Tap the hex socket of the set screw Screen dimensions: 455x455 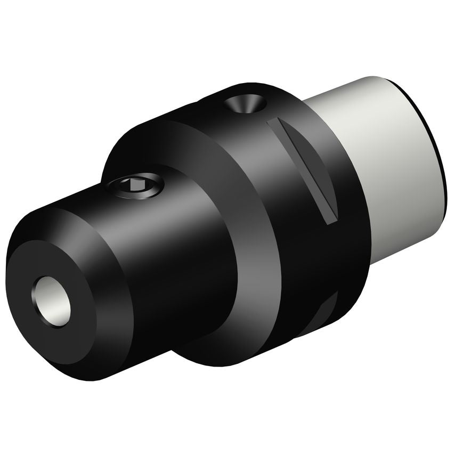(133, 184)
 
